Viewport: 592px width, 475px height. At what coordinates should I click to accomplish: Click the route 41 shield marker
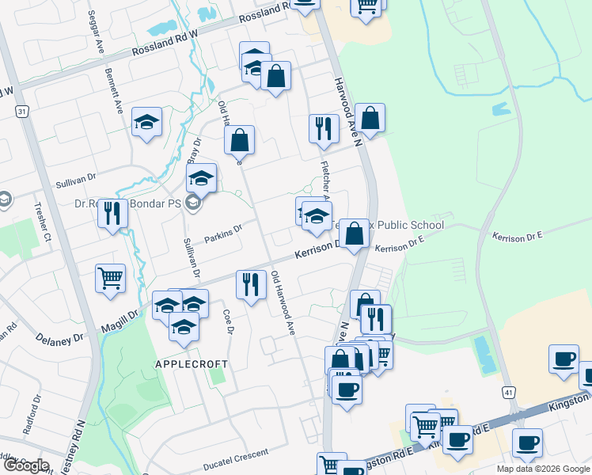pyautogui.click(x=509, y=392)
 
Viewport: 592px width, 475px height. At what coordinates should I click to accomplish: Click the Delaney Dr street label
pyautogui.click(x=59, y=338)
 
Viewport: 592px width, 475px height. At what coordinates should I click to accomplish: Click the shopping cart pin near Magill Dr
pyautogui.click(x=110, y=278)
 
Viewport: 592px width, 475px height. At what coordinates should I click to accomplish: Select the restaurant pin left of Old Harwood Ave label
pyautogui.click(x=251, y=284)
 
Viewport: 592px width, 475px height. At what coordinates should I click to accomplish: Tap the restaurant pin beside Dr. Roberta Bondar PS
pyautogui.click(x=113, y=213)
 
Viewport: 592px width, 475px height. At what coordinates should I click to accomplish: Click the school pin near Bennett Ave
pyautogui.click(x=146, y=122)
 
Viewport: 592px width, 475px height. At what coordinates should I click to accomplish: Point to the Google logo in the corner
pyautogui.click(x=26, y=465)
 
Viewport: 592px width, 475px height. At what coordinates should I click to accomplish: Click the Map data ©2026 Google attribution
pyautogui.click(x=542, y=469)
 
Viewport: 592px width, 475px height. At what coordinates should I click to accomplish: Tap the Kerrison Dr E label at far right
pyautogui.click(x=517, y=236)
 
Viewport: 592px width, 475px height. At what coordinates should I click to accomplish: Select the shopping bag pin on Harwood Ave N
pyautogui.click(x=370, y=118)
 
